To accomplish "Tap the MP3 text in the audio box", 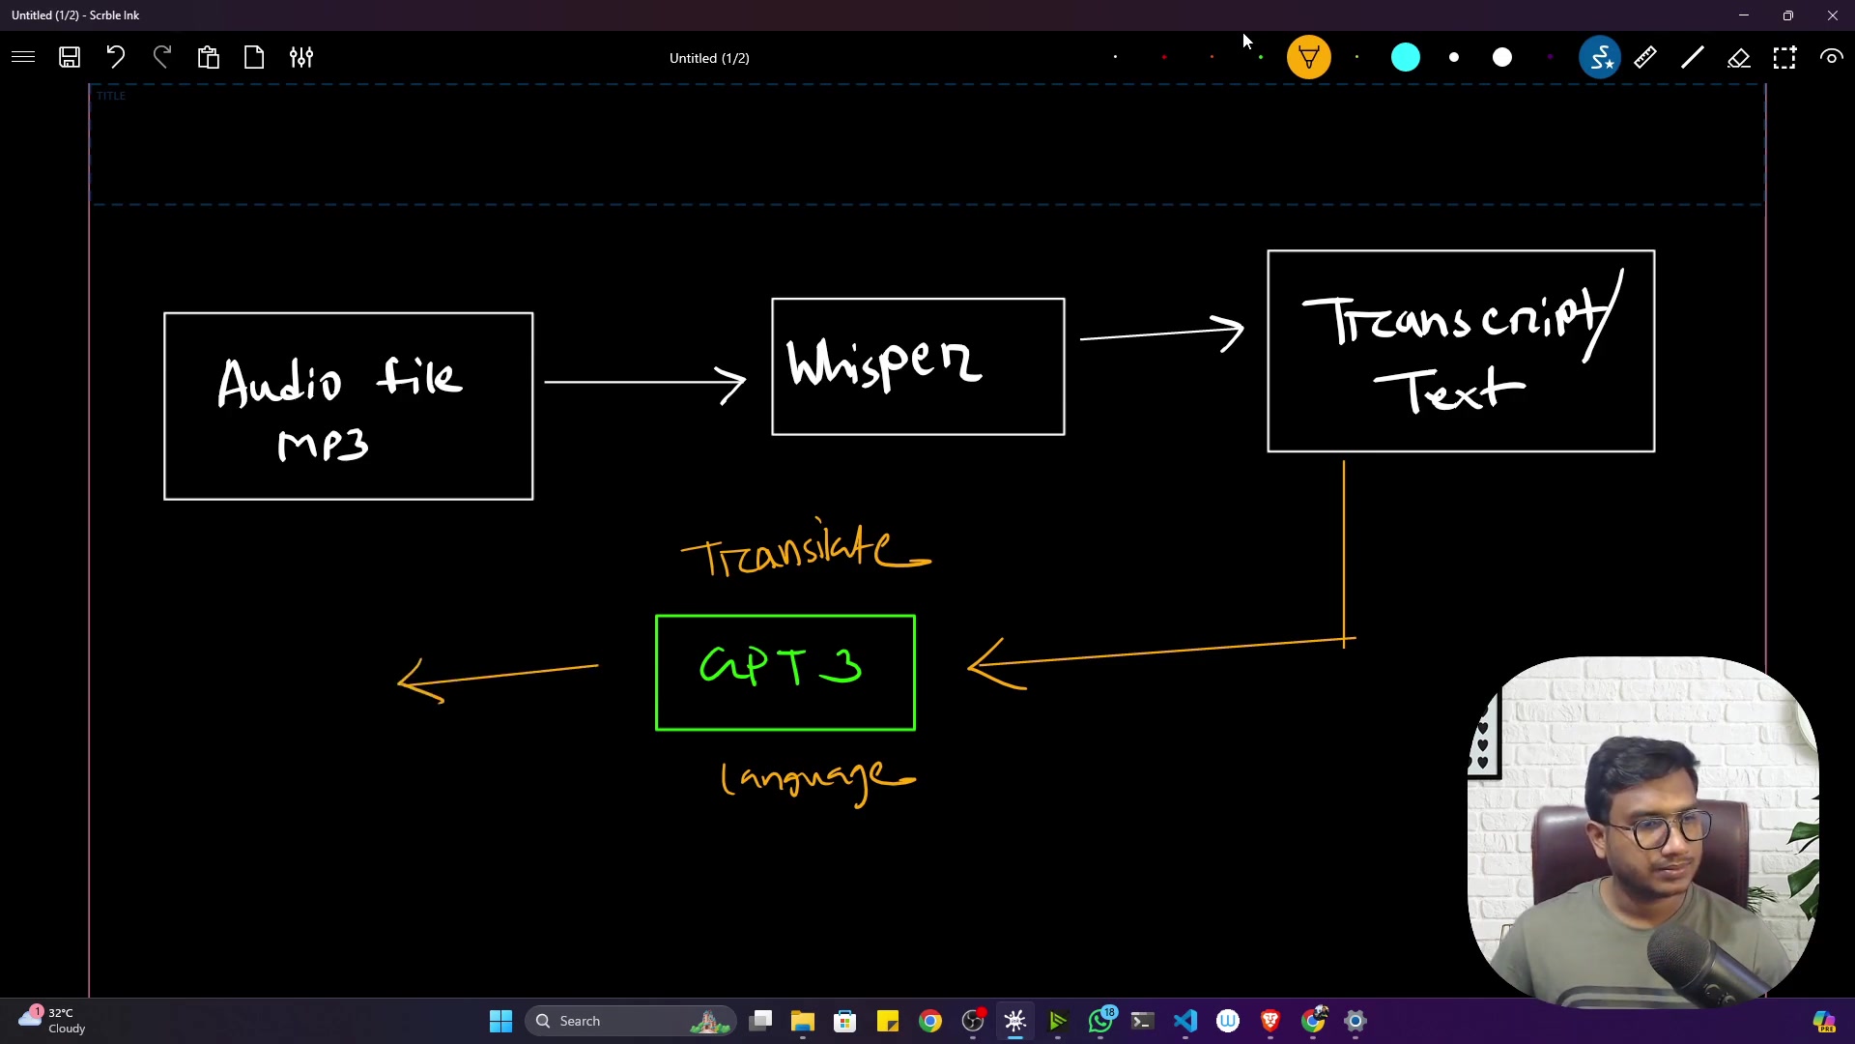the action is [323, 446].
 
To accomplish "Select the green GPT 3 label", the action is [781, 666].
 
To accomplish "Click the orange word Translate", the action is [806, 548].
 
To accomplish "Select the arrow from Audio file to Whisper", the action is [644, 383].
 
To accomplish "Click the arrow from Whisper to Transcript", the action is [1162, 333].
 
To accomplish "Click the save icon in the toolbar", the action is [70, 57].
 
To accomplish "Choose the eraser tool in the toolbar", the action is [1738, 58].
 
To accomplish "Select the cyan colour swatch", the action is [1406, 58].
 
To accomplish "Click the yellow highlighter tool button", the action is [1309, 58].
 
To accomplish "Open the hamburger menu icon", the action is [23, 57].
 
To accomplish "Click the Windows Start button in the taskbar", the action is [500, 1021].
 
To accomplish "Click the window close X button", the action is [1833, 15].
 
